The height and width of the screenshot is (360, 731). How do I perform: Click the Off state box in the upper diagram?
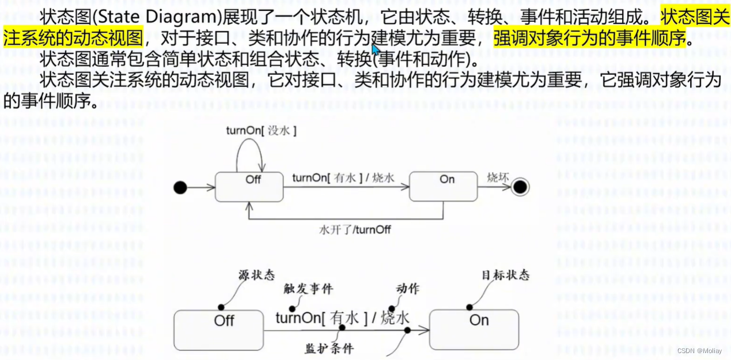pos(249,185)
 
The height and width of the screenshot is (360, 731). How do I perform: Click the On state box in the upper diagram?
pos(443,185)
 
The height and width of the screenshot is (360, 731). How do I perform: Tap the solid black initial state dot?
pos(180,187)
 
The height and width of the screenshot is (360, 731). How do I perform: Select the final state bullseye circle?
pos(521,187)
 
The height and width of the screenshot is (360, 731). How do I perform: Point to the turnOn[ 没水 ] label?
pos(261,131)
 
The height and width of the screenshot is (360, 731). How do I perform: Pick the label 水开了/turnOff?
pos(355,230)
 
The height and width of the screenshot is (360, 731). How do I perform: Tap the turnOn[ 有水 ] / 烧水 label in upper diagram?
pos(343,178)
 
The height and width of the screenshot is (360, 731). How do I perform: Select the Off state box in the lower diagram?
pos(218,329)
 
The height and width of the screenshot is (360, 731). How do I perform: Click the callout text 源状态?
pos(256,275)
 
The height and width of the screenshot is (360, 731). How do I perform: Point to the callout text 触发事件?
pos(308,289)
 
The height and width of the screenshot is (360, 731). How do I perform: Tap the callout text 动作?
pos(407,289)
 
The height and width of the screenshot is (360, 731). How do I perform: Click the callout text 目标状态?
pos(505,275)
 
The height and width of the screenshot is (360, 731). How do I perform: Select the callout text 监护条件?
pos(329,348)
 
